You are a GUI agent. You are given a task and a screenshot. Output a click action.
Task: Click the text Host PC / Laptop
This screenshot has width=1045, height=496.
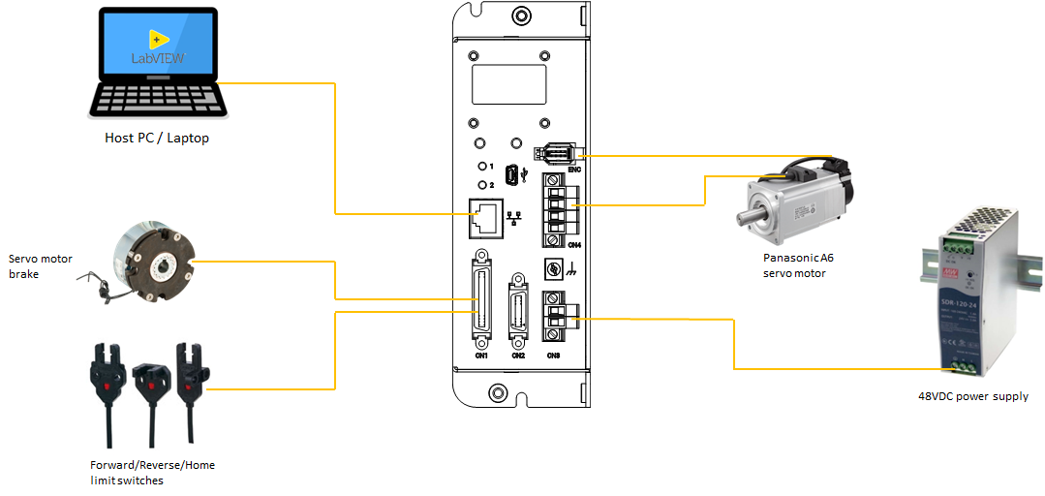pos(157,139)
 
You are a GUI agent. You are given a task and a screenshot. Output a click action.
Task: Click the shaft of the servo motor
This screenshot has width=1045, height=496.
pos(747,214)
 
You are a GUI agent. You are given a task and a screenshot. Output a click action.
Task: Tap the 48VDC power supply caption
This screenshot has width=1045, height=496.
pos(972,396)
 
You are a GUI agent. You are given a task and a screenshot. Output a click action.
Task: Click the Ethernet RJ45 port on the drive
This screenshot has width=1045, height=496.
pos(487,219)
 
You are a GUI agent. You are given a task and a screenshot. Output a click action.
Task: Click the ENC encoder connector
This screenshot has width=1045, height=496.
pos(554,154)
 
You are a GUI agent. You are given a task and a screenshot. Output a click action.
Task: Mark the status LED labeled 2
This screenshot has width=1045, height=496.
pos(481,184)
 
